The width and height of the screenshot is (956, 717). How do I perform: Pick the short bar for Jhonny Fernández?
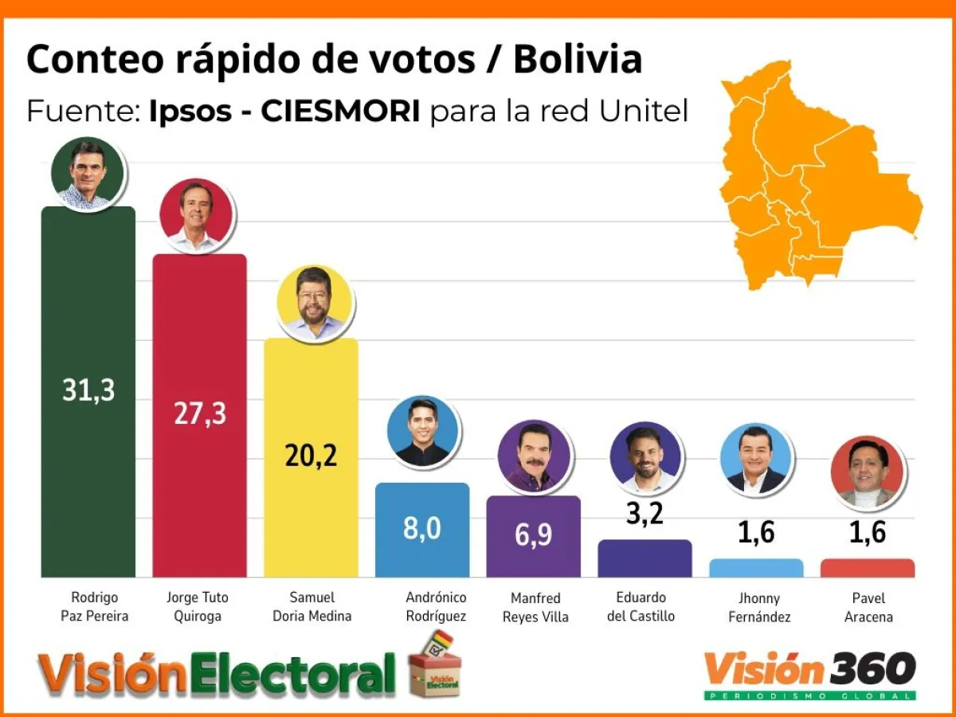point(756,567)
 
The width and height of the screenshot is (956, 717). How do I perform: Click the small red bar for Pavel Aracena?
point(867,567)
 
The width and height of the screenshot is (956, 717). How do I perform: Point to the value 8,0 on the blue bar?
point(421,528)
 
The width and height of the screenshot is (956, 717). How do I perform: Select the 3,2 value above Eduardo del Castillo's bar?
point(645,514)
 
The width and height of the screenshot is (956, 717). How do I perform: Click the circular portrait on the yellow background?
point(315,304)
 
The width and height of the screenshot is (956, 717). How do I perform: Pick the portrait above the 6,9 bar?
point(534,456)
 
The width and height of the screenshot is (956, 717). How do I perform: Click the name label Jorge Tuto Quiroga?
point(199,606)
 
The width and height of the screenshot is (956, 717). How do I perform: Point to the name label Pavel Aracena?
point(868,607)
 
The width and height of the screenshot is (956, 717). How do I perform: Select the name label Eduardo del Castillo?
point(645,606)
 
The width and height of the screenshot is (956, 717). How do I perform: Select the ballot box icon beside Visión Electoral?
point(435,665)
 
